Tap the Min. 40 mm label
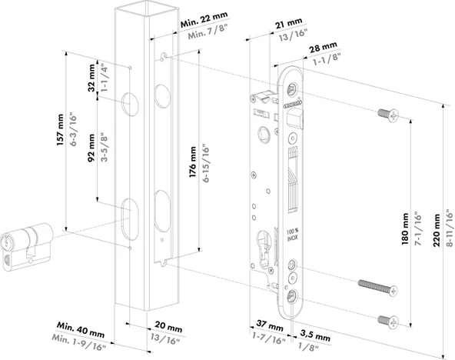(80, 332)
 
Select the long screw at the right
(379, 288)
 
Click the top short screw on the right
(389, 115)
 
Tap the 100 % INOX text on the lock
(291, 234)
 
